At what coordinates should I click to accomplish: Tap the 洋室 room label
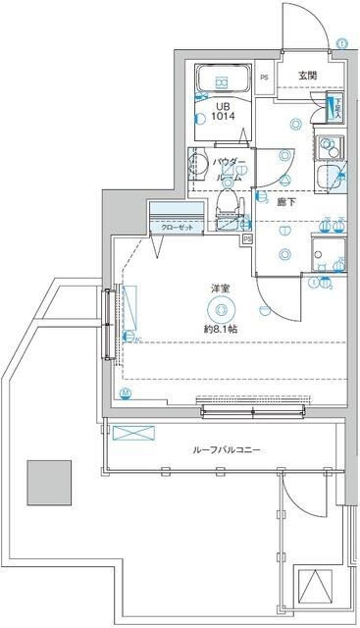pyautogui.click(x=220, y=288)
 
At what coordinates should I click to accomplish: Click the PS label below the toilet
pyautogui.click(x=247, y=237)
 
